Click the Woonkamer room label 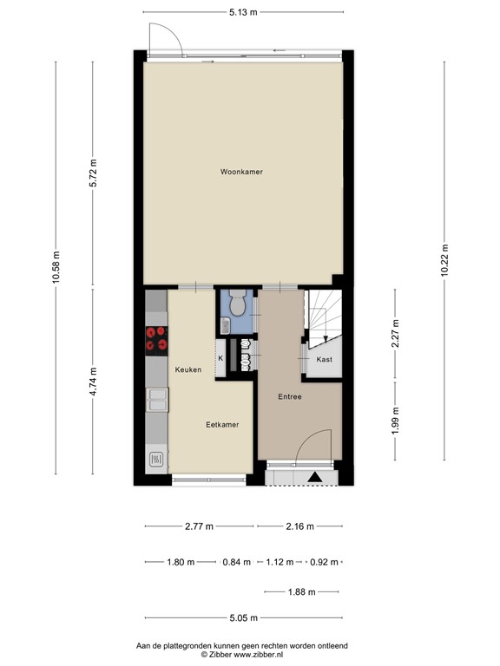(x=241, y=172)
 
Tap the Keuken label (x=188, y=369)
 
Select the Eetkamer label (x=222, y=424)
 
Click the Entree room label (x=289, y=396)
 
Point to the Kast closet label (x=324, y=359)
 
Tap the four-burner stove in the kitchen (x=156, y=340)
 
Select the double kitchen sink (x=156, y=400)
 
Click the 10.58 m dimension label (x=56, y=268)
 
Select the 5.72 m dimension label (x=94, y=178)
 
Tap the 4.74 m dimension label (x=94, y=382)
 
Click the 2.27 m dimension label (x=395, y=335)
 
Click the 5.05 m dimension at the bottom (x=243, y=619)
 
